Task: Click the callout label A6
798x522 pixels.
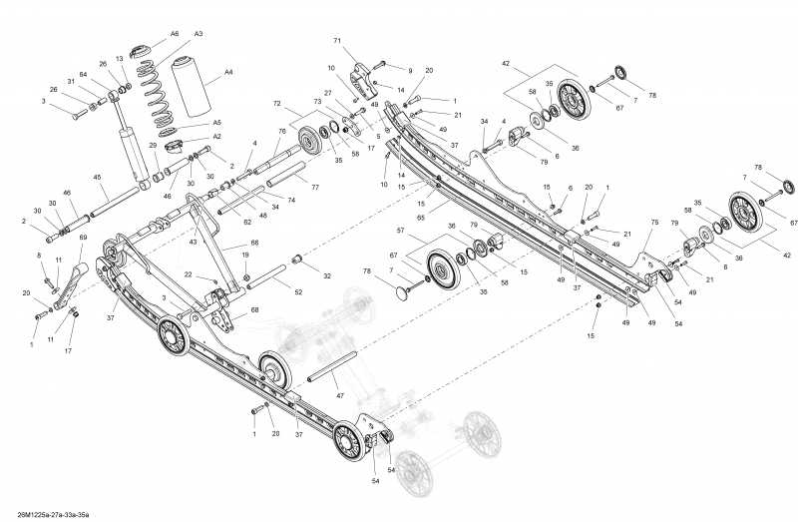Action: coord(174,34)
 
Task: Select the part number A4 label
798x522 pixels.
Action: coord(228,72)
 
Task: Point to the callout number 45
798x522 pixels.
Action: coord(98,179)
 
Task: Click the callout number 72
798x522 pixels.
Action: coord(277,104)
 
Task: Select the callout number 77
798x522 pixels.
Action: coord(315,188)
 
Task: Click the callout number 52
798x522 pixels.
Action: coord(298,291)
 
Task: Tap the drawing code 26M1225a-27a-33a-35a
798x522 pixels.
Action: coord(46,514)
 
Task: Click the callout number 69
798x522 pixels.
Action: coord(83,237)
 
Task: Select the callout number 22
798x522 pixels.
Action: coord(188,274)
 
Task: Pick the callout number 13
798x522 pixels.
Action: coord(120,59)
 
